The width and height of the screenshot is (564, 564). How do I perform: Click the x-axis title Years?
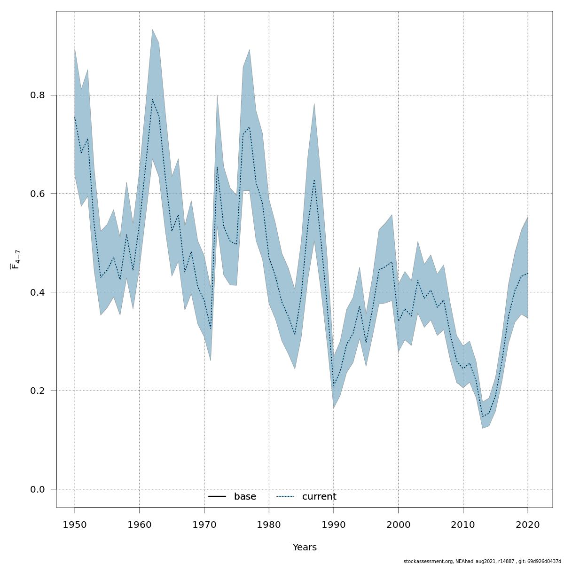pyautogui.click(x=305, y=548)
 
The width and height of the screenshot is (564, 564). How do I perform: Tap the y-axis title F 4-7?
pyautogui.click(x=16, y=259)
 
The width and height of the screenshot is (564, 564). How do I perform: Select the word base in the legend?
pyautogui.click(x=245, y=497)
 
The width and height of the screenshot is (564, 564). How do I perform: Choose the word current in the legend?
pyautogui.click(x=319, y=497)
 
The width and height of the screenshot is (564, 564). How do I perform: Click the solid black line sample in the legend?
pyautogui.click(x=217, y=497)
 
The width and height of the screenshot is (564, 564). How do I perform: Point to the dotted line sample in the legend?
pyautogui.click(x=285, y=497)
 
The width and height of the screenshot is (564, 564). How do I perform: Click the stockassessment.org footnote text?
pyautogui.click(x=482, y=561)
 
